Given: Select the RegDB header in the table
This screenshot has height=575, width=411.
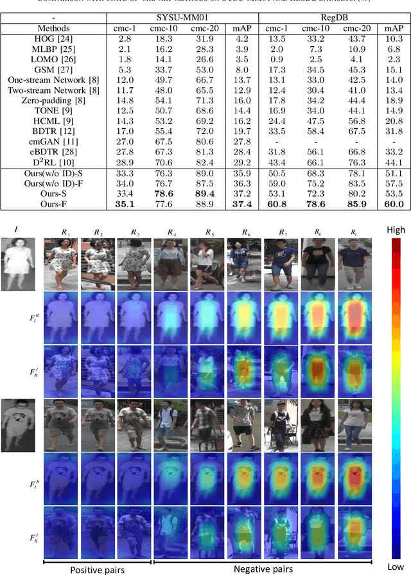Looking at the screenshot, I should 333,17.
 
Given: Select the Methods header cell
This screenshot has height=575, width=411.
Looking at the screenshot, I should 53,28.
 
